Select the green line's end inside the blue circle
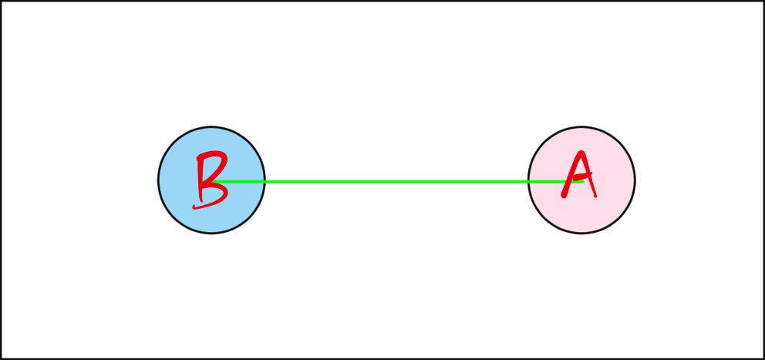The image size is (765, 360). click(x=212, y=182)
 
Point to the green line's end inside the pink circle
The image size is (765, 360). click(x=583, y=182)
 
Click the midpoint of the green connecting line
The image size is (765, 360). click(x=398, y=182)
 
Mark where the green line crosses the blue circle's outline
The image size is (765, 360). click(x=265, y=182)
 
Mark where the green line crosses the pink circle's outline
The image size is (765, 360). click(x=528, y=182)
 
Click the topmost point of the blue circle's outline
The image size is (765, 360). click(x=211, y=127)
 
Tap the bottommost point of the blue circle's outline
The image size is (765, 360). click(x=211, y=233)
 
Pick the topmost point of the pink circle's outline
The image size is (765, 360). click(x=581, y=127)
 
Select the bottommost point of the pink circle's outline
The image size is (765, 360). click(x=581, y=233)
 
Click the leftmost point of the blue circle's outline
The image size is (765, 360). click(x=158, y=180)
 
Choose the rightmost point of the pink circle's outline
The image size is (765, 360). click(x=635, y=180)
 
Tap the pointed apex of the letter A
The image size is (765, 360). click(x=581, y=153)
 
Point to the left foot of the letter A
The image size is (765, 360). click(x=564, y=196)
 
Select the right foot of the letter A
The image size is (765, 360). click(x=595, y=196)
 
